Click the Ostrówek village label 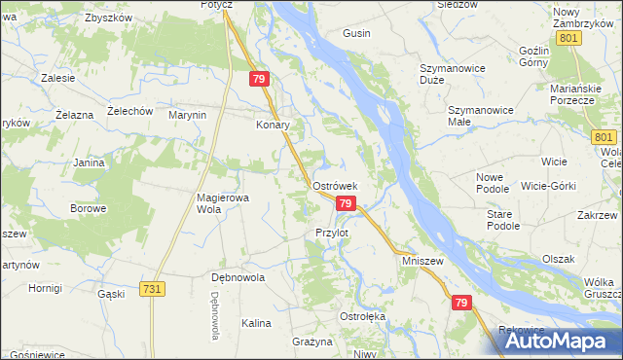(x=336, y=185)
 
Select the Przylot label (x=332, y=233)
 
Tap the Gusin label (x=356, y=33)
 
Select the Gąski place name (x=112, y=293)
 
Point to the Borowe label (x=88, y=208)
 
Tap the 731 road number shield (x=151, y=289)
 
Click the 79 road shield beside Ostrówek (x=345, y=202)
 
